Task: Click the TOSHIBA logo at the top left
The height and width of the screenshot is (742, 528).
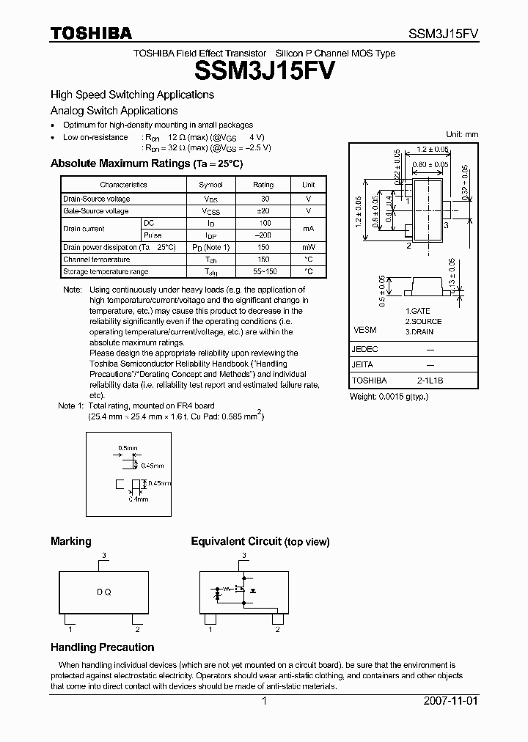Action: point(90,33)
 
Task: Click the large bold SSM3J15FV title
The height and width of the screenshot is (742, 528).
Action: point(265,71)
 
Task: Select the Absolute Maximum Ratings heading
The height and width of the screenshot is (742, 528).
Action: point(146,164)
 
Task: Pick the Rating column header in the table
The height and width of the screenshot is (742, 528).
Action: point(263,185)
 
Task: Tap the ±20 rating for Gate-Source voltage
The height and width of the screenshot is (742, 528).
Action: point(263,211)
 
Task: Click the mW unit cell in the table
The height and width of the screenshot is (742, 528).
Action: point(309,248)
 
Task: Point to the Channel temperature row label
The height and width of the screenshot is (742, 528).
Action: point(96,260)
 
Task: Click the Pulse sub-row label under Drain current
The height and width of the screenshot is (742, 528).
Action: point(153,235)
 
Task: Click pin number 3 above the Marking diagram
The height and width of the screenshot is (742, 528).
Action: point(104,556)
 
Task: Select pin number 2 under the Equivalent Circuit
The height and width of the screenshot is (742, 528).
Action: point(277,629)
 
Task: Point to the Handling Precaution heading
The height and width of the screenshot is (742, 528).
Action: point(102,647)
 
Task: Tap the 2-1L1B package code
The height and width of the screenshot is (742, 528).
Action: point(430,381)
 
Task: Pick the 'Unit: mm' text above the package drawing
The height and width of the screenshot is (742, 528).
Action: point(462,134)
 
